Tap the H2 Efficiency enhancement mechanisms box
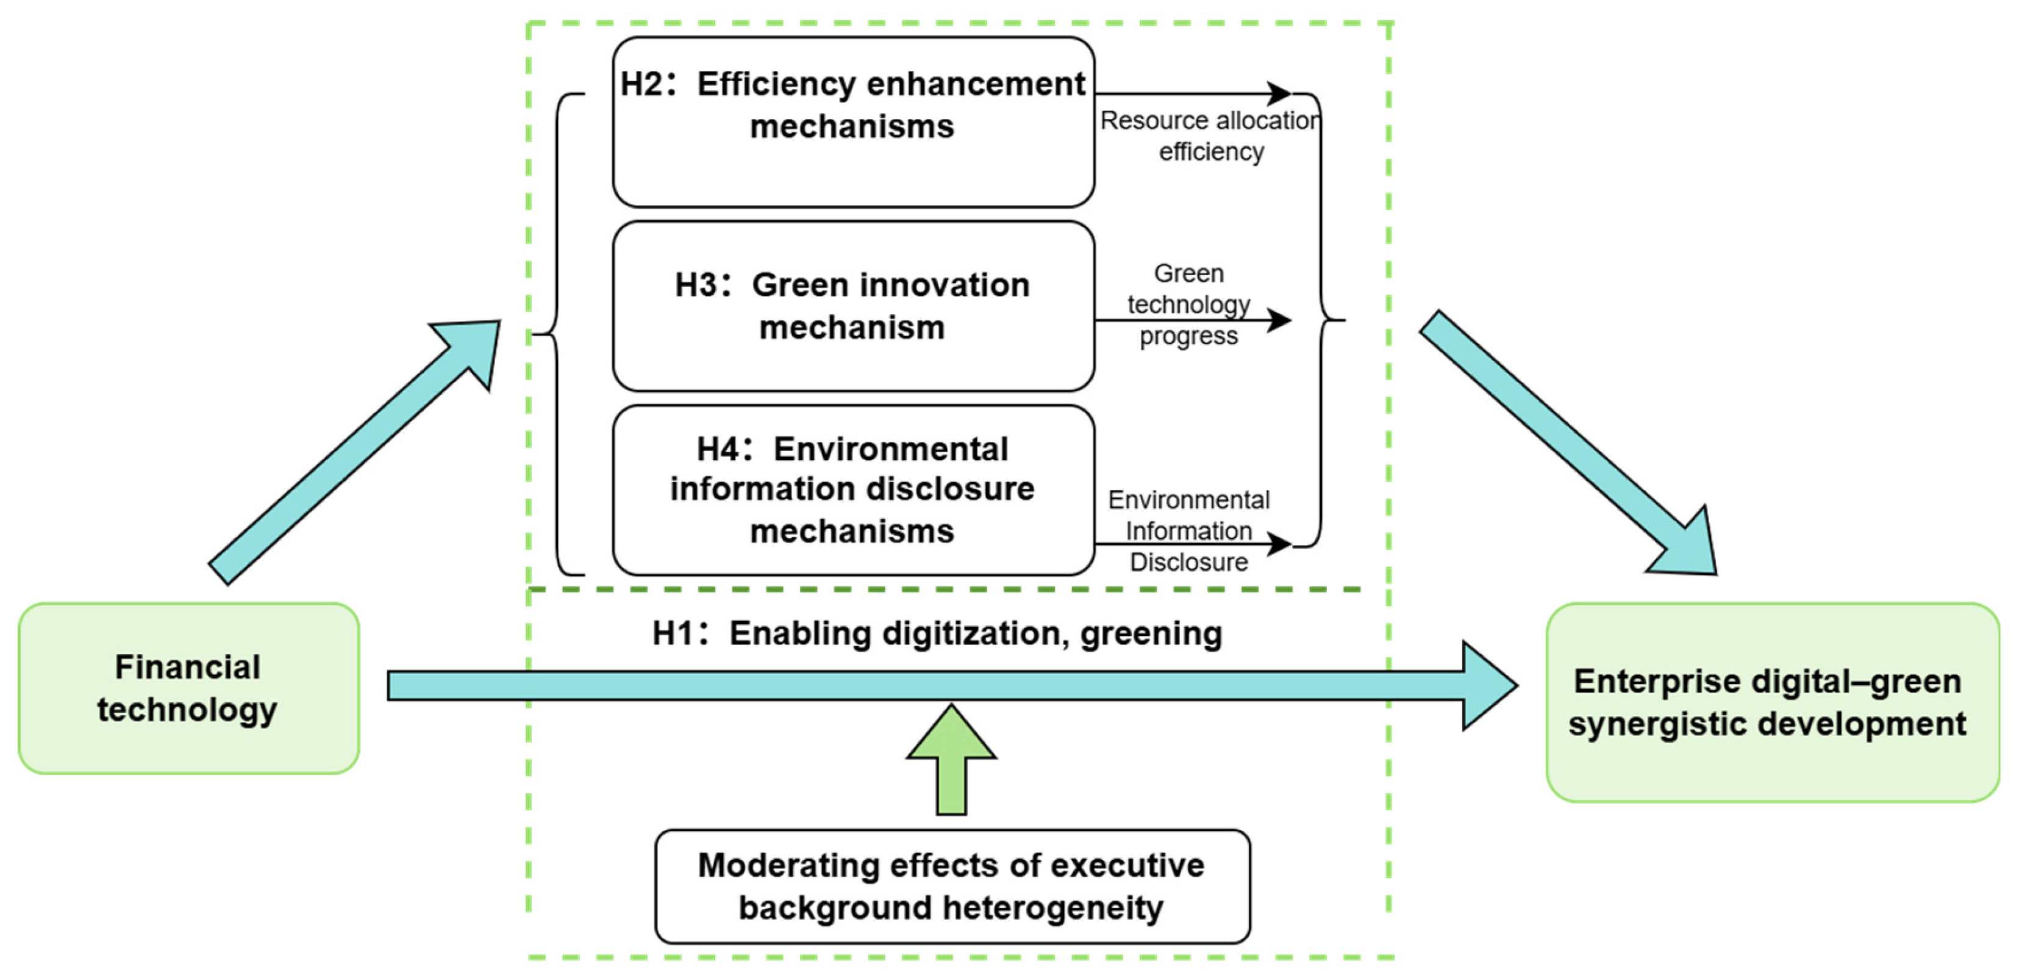pyautogui.click(x=853, y=121)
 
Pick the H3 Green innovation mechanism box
pyautogui.click(x=853, y=306)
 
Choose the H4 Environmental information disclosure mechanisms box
pyautogui.click(x=853, y=490)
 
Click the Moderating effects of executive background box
pyautogui.click(x=951, y=886)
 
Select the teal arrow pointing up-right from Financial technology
pyautogui.click(x=353, y=452)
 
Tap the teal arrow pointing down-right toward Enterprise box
pyautogui.click(x=1570, y=444)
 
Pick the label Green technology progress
pyautogui.click(x=1188, y=304)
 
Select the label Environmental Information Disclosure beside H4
pyautogui.click(x=1188, y=531)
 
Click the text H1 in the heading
pyautogui.click(x=672, y=633)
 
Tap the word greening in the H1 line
pyautogui.click(x=1151, y=633)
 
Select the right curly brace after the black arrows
pyautogui.click(x=1322, y=320)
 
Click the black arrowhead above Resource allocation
pyautogui.click(x=1279, y=93)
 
